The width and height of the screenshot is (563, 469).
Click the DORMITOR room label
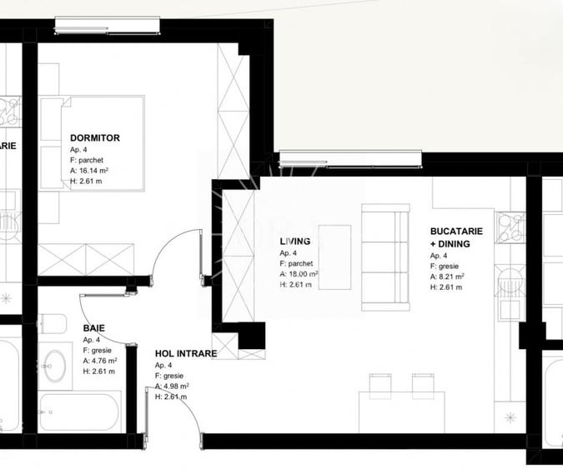click(95, 137)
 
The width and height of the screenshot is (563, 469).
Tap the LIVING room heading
click(294, 242)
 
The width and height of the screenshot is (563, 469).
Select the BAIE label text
click(93, 328)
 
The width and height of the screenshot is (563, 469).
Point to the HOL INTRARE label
click(185, 353)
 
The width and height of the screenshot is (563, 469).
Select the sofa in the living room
click(385, 257)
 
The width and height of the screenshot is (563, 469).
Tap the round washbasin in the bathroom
click(58, 364)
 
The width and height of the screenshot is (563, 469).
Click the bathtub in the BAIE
click(80, 412)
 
